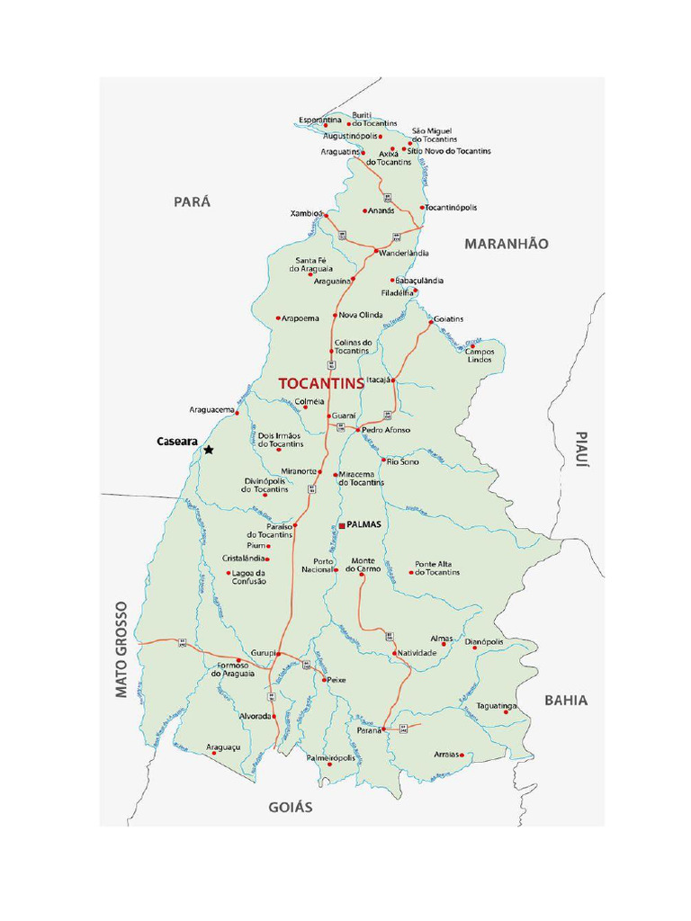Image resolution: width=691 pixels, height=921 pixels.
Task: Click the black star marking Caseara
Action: (209, 450)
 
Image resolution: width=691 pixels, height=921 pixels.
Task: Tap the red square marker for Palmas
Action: (342, 524)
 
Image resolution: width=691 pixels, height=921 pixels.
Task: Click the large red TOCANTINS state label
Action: (321, 382)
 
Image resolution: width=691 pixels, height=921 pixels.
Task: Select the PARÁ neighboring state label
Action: (192, 202)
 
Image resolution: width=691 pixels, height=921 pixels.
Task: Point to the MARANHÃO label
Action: (506, 244)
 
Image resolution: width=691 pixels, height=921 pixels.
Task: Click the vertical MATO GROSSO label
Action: (122, 649)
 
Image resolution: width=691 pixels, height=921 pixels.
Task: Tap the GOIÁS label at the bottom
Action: (291, 808)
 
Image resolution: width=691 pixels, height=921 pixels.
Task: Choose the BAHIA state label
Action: (566, 700)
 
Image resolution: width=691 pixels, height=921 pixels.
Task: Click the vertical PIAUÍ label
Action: (581, 449)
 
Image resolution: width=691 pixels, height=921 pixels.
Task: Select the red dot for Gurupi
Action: (279, 653)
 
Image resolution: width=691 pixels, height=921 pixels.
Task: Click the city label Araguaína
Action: (332, 282)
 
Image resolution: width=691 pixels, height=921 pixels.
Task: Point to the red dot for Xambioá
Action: (325, 214)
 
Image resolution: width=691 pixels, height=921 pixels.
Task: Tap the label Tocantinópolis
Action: (451, 208)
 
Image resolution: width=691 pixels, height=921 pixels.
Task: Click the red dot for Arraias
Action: (462, 756)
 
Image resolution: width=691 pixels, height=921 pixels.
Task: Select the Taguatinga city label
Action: (497, 706)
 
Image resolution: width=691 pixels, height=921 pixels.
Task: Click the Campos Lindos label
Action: (480, 354)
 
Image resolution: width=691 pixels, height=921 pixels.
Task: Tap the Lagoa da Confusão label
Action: (249, 577)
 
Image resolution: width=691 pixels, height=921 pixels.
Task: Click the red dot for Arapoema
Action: (278, 318)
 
